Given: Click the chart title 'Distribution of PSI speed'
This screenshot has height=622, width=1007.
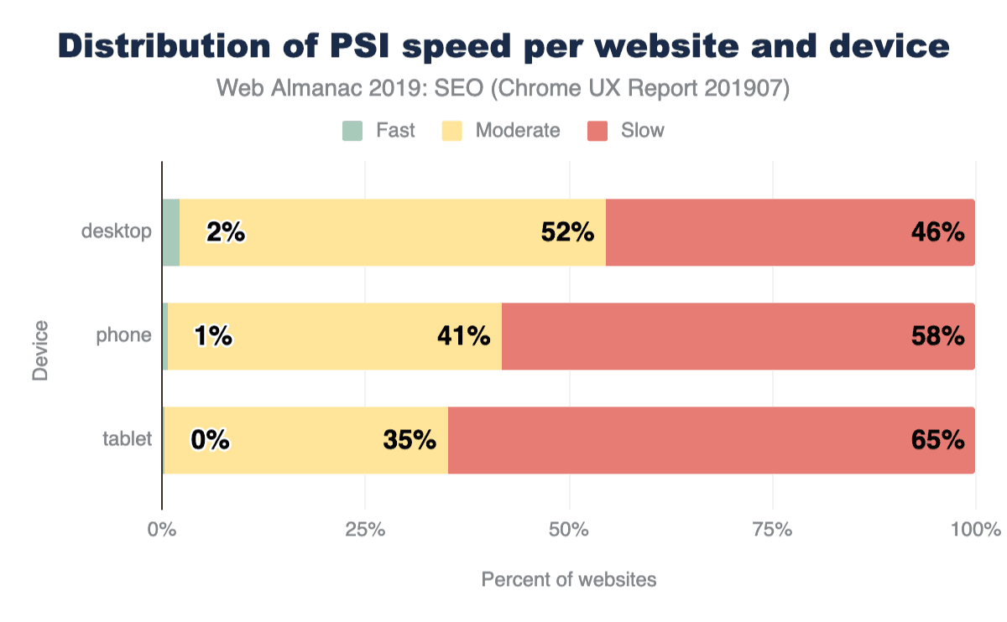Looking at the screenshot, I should pyautogui.click(x=503, y=46).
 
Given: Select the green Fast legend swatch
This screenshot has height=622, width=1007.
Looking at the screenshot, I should pyautogui.click(x=352, y=131).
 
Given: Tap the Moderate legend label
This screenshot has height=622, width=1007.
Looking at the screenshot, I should pyautogui.click(x=517, y=131).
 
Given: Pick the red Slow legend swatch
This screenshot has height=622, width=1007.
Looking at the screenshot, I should pyautogui.click(x=597, y=131).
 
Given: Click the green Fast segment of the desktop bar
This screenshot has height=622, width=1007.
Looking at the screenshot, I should pyautogui.click(x=170, y=233).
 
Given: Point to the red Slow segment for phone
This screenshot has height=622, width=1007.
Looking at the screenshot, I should pyautogui.click(x=738, y=336).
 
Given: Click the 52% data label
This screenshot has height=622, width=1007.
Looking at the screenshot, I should pyautogui.click(x=567, y=232).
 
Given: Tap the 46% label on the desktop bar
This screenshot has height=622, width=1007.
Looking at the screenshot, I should pyautogui.click(x=937, y=232).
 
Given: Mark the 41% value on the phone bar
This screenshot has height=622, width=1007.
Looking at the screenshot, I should pyautogui.click(x=463, y=336).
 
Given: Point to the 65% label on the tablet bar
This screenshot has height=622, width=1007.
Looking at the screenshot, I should pyautogui.click(x=937, y=439).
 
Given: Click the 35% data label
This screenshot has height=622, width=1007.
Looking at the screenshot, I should pyautogui.click(x=410, y=439).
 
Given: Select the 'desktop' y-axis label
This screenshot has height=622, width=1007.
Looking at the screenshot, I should pyautogui.click(x=117, y=231).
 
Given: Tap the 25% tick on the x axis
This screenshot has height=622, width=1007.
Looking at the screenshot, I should pyautogui.click(x=365, y=530).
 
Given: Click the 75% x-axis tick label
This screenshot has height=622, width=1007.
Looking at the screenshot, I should pyautogui.click(x=773, y=530).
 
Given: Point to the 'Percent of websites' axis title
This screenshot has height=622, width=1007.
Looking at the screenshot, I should pyautogui.click(x=568, y=579).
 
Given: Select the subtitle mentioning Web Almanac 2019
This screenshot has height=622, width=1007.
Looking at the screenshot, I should pyautogui.click(x=503, y=89).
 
